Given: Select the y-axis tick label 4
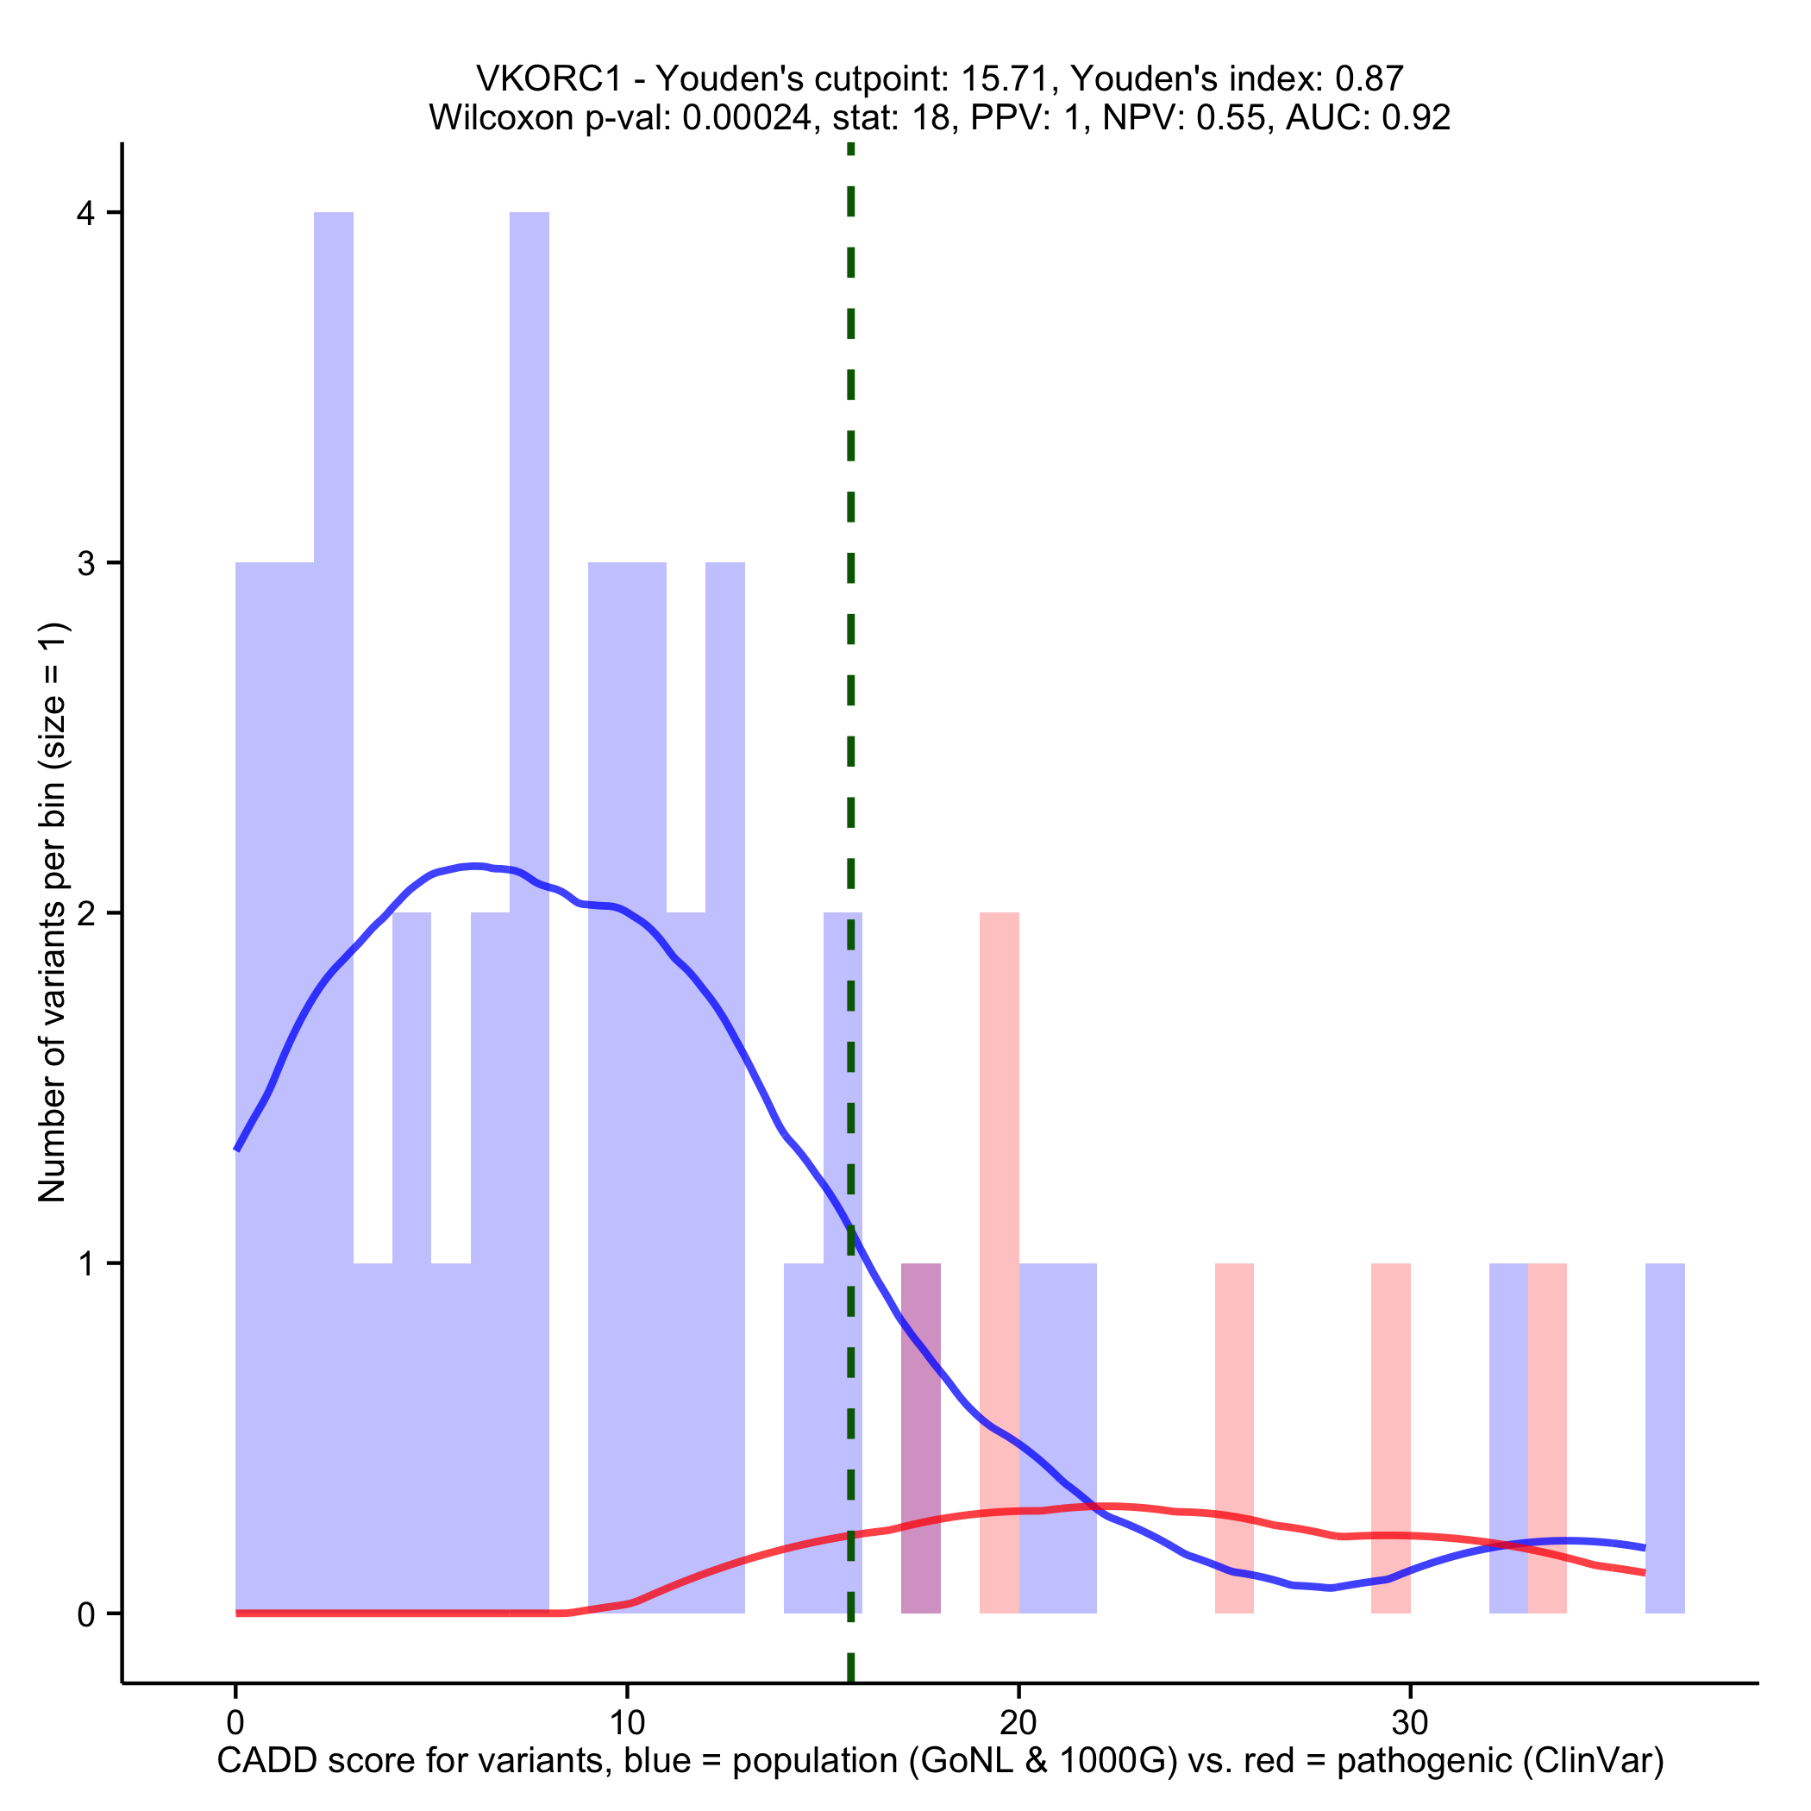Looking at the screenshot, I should click(x=86, y=214).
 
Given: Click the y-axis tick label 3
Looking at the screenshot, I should click(x=86, y=563).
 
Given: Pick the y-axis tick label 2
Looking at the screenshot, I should click(x=86, y=914).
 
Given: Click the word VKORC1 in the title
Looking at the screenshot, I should click(x=548, y=78).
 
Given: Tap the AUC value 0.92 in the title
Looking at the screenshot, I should click(x=1415, y=118).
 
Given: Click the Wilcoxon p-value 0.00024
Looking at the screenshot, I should click(x=746, y=118).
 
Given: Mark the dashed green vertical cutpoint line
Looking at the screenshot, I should click(x=850, y=656).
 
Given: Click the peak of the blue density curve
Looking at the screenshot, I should click(x=475, y=865).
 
